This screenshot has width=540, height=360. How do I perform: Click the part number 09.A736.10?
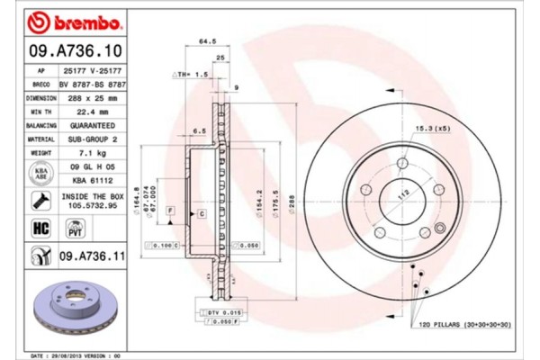70,51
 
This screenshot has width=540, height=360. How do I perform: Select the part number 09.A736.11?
90,257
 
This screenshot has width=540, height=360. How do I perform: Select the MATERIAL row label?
40,139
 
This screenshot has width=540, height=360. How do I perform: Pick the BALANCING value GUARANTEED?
88,126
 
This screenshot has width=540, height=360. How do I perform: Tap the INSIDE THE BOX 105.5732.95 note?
88,200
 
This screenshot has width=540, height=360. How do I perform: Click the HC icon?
40,229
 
